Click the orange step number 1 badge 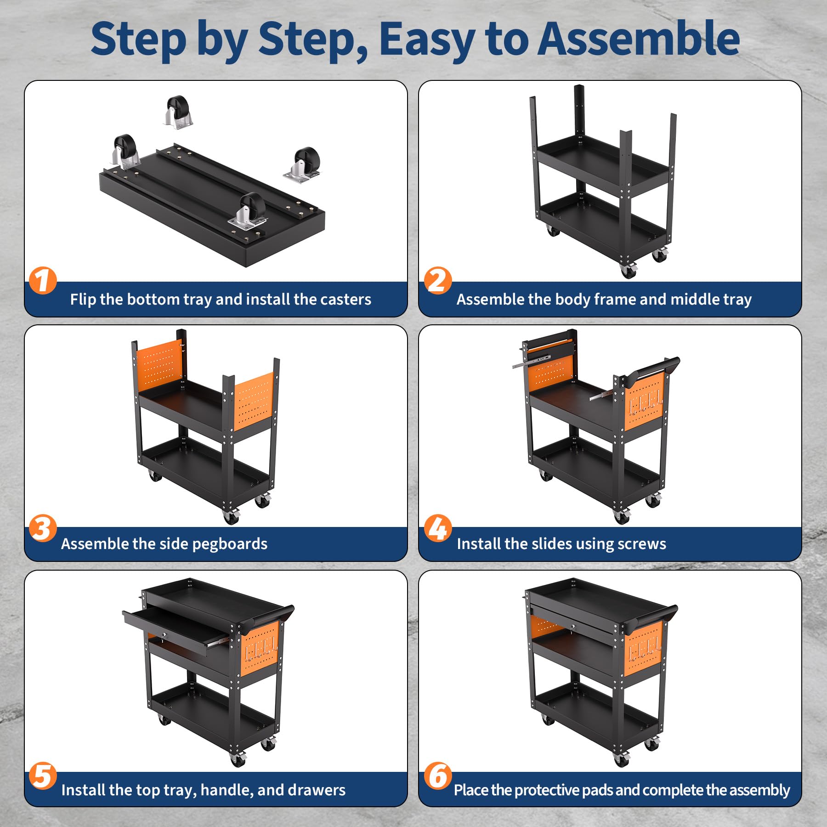[43, 280]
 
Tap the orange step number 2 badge [437, 280]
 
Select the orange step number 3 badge [43, 528]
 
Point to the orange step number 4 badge [437, 528]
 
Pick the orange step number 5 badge [43, 776]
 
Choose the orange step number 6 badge [437, 776]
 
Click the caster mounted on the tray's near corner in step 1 [249, 210]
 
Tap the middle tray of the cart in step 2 [603, 165]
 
